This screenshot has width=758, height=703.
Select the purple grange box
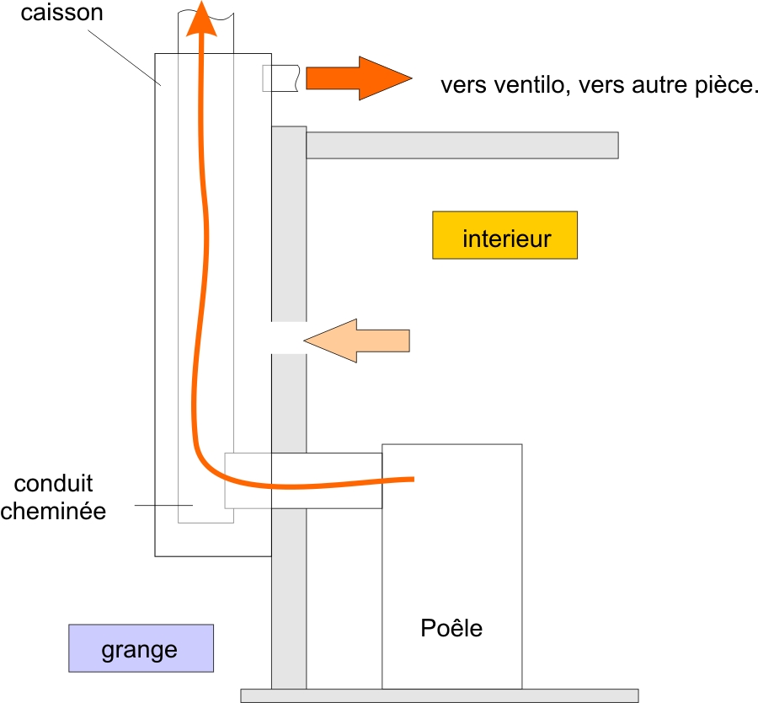pyautogui.click(x=141, y=648)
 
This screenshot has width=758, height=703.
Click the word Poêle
pyautogui.click(x=451, y=628)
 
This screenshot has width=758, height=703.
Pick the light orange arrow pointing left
pyautogui.click(x=357, y=341)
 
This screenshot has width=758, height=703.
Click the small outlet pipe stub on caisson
pyautogui.click(x=281, y=78)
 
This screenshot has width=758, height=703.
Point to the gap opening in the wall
pyautogui.click(x=288, y=337)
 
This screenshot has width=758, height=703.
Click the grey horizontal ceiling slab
pyautogui.click(x=462, y=145)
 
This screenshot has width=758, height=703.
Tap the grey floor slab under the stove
pyautogui.click(x=438, y=695)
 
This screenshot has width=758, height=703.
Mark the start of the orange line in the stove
pyautogui.click(x=412, y=480)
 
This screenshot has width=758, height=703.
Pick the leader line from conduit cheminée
pyautogui.click(x=164, y=505)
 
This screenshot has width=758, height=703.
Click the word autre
pyautogui.click(x=646, y=86)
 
